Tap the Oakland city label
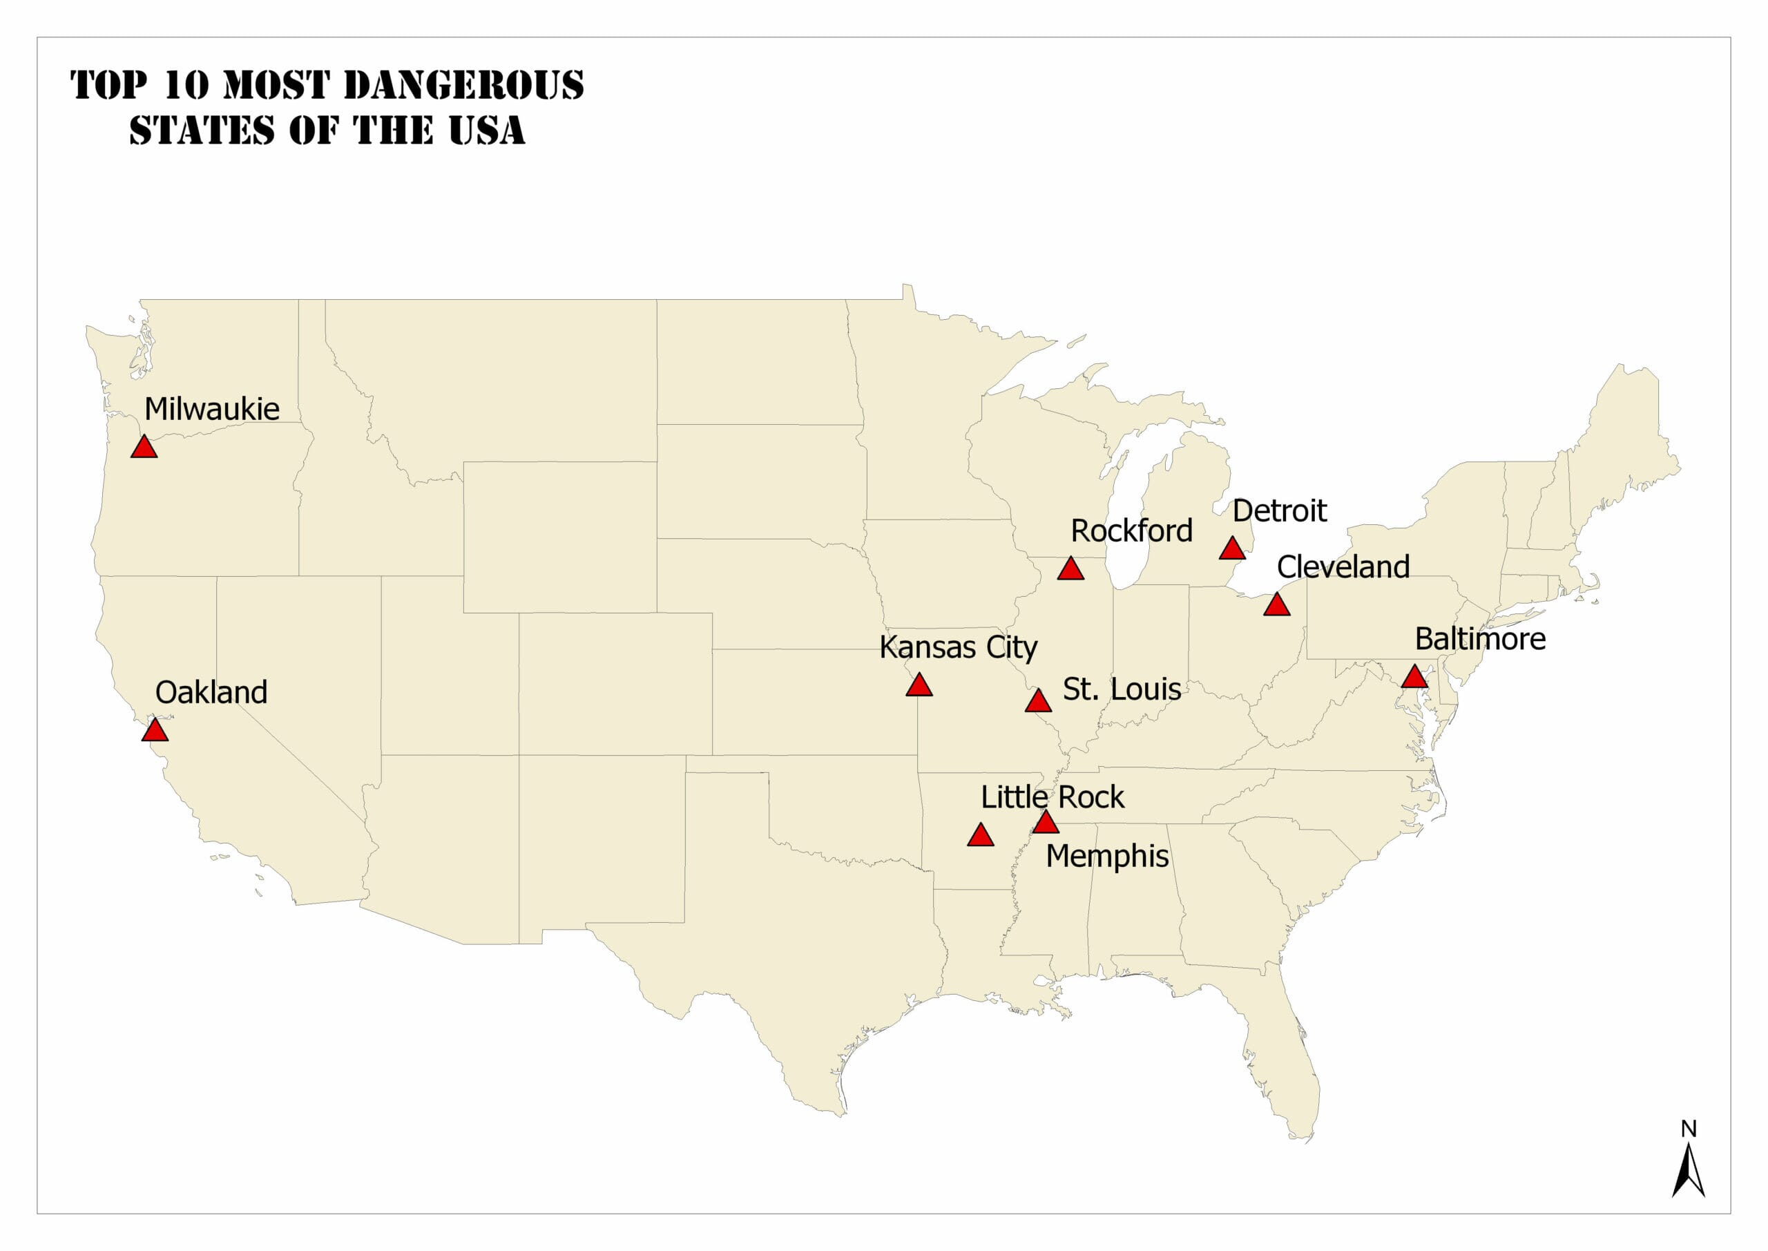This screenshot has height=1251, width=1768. [x=211, y=693]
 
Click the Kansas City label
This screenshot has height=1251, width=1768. [x=958, y=648]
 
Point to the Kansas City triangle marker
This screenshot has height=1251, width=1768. [x=919, y=685]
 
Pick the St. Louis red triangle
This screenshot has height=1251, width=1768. [x=1038, y=702]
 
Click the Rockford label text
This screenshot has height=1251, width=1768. [x=1131, y=531]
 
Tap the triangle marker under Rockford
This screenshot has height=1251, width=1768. [x=1070, y=570]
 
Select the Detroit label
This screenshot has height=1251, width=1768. [x=1279, y=510]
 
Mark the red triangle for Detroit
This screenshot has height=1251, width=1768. [x=1232, y=549]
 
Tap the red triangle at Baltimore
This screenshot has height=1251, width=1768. [x=1414, y=678]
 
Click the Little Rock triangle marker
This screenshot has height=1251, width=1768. [x=980, y=836]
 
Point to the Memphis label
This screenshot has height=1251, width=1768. [x=1106, y=857]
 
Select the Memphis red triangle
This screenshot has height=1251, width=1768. [x=1045, y=823]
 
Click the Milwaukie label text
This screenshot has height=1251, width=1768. [x=212, y=409]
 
